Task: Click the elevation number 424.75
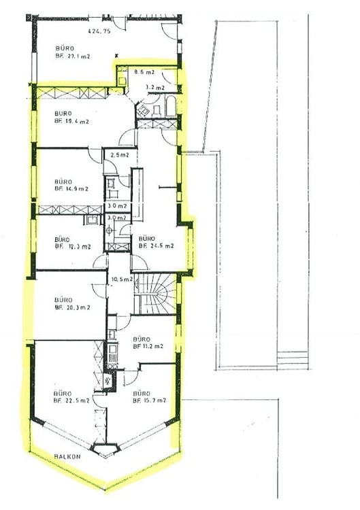[100, 31]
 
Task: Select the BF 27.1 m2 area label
[73, 58]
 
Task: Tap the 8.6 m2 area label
[144, 72]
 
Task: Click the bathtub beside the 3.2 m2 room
[168, 107]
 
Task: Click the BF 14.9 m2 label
[72, 190]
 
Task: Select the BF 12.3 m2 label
[72, 247]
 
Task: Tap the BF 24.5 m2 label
[156, 247]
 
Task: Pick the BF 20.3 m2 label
[72, 307]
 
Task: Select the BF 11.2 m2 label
[148, 346]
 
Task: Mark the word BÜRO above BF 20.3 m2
[63, 299]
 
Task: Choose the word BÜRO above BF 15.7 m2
[142, 393]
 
